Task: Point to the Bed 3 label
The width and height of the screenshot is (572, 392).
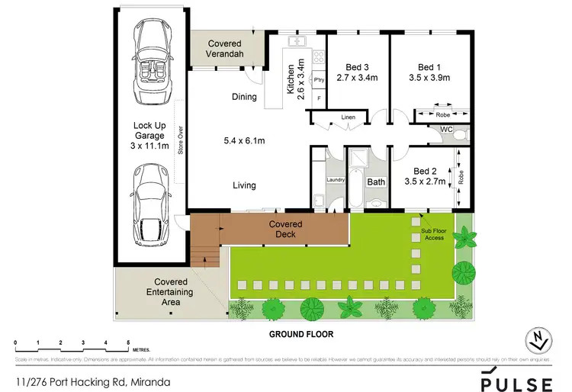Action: tap(358, 66)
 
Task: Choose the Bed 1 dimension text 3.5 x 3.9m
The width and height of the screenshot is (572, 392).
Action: tap(430, 77)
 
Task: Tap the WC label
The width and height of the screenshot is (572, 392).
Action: tap(448, 130)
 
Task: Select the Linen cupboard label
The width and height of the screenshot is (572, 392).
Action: tap(349, 117)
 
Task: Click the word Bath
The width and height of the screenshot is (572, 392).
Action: tap(377, 182)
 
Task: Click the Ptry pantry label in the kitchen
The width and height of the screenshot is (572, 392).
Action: tap(319, 79)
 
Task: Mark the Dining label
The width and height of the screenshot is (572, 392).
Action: tap(245, 97)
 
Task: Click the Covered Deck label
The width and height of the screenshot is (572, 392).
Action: tap(286, 230)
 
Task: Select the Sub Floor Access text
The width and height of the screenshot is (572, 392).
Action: tap(434, 233)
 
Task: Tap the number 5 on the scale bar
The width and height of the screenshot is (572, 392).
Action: tap(129, 342)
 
